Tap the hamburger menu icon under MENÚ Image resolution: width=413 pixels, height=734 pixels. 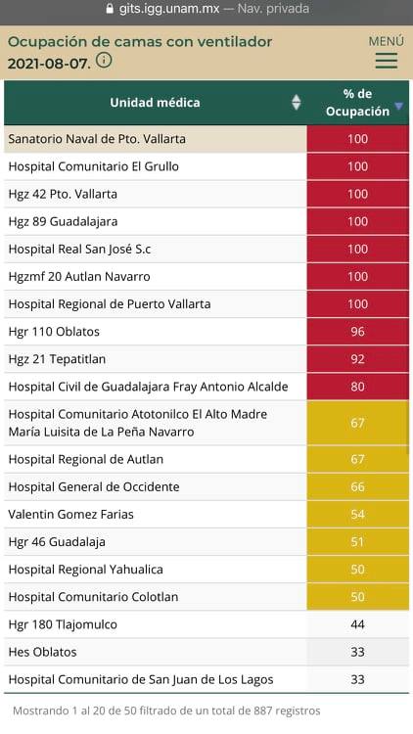click(x=386, y=61)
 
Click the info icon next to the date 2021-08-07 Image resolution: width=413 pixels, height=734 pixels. click(x=105, y=61)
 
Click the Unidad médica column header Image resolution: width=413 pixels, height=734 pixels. click(x=155, y=103)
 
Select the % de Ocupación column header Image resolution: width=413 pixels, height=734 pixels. click(x=357, y=103)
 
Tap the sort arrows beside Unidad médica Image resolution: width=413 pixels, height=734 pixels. click(x=297, y=103)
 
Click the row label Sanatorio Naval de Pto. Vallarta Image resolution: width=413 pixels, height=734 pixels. click(x=97, y=139)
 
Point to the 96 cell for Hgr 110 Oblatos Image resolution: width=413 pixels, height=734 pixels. click(x=357, y=332)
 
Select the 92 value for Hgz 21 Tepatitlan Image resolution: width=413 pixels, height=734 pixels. click(x=357, y=359)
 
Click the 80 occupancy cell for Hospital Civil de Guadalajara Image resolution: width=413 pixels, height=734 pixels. click(x=357, y=387)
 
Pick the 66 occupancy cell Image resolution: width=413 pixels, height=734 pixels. click(x=357, y=486)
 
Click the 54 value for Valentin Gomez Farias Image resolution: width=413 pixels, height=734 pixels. click(x=357, y=514)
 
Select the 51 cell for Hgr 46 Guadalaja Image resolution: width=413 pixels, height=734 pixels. click(x=357, y=541)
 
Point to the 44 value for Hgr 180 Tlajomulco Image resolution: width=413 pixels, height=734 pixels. click(x=357, y=623)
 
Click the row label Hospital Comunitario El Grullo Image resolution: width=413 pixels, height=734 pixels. click(x=93, y=166)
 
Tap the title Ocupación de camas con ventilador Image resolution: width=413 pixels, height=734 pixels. click(x=140, y=42)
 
